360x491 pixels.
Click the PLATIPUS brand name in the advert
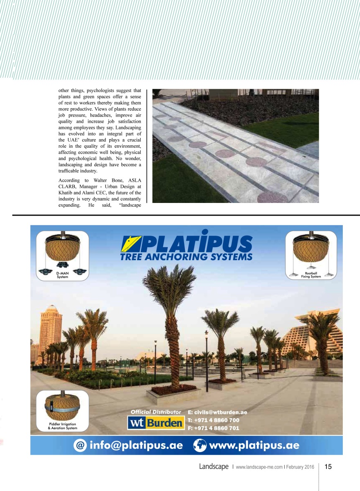pyautogui.click(x=192, y=244)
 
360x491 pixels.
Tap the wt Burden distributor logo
pyautogui.click(x=155, y=423)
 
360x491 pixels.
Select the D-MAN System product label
pyautogui.click(x=63, y=275)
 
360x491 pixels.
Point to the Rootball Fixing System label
pyautogui.click(x=311, y=275)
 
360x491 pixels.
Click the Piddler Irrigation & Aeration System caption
pyautogui.click(x=63, y=426)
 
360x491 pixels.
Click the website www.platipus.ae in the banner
pyautogui.click(x=254, y=446)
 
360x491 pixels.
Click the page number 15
pyautogui.click(x=328, y=466)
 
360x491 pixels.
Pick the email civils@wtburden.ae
pyautogui.click(x=217, y=412)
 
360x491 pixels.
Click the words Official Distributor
pyautogui.click(x=155, y=412)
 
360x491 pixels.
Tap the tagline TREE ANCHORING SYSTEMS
pyautogui.click(x=186, y=257)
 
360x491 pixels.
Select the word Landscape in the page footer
pyautogui.click(x=214, y=466)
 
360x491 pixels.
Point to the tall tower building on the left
pyautogui.click(x=51, y=327)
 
